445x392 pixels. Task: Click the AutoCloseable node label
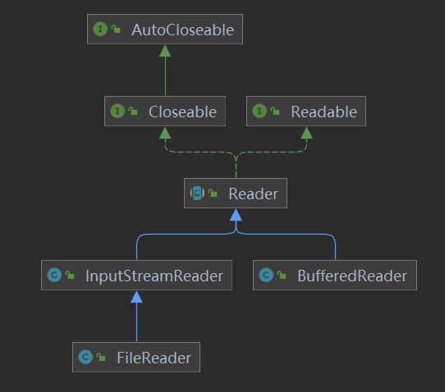pyautogui.click(x=182, y=30)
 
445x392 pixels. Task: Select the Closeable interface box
pyautogui.click(x=165, y=112)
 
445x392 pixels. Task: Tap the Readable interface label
pyautogui.click(x=323, y=112)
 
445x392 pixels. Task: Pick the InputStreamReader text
pyautogui.click(x=154, y=276)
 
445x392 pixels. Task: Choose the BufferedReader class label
pyautogui.click(x=351, y=276)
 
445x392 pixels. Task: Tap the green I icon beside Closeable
pyautogui.click(x=117, y=112)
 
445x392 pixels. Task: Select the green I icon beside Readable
pyautogui.click(x=259, y=112)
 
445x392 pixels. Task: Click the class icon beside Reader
pyautogui.click(x=197, y=194)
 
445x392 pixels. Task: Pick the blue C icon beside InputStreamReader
pyautogui.click(x=54, y=276)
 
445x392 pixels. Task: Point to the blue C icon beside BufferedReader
pyautogui.click(x=266, y=276)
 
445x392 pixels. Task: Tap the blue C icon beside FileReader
pyautogui.click(x=85, y=358)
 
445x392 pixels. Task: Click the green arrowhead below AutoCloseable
pyautogui.click(x=165, y=51)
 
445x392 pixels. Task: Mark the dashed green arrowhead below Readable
pyautogui.click(x=306, y=133)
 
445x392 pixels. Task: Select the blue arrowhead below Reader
pyautogui.click(x=236, y=215)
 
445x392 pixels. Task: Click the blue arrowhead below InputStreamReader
pyautogui.click(x=136, y=296)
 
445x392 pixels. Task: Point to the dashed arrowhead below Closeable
pyautogui.click(x=165, y=133)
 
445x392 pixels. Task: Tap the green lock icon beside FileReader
pyautogui.click(x=103, y=358)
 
